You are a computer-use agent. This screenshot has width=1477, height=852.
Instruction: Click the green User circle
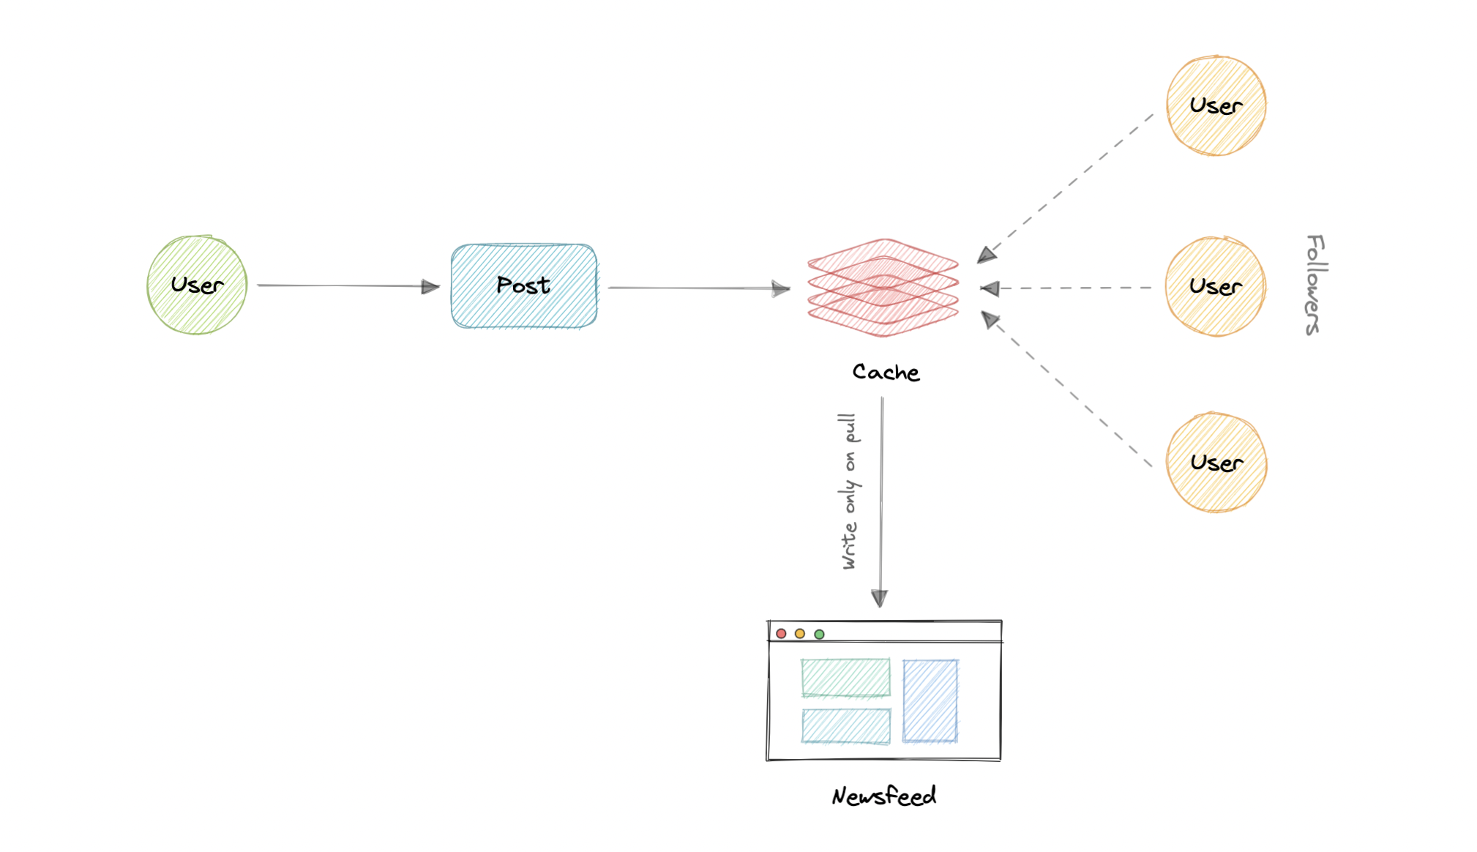197,285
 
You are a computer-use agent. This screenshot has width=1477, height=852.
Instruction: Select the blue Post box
524,285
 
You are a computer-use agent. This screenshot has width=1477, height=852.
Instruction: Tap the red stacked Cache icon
883,288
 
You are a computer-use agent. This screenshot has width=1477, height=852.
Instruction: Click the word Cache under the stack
886,373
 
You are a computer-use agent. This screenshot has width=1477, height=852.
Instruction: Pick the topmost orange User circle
1216,105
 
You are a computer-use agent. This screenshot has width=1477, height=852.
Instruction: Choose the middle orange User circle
1215,286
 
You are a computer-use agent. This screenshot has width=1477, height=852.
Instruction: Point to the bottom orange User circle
1216,463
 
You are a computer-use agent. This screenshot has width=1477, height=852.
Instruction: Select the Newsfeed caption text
883,796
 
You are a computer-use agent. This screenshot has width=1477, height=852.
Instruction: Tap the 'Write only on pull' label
849,491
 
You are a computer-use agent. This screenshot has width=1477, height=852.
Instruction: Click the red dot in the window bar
781,633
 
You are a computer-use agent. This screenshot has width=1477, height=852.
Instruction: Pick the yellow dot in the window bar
800,633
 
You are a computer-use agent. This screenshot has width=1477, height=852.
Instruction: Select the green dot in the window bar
820,634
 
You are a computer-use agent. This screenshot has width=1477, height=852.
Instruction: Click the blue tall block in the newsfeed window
930,700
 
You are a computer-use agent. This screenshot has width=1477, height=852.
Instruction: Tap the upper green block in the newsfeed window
845,677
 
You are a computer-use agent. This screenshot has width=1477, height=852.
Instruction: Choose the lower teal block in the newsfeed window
846,725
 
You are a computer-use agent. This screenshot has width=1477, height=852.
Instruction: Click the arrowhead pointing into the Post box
430,287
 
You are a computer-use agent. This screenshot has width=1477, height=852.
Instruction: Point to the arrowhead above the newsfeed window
880,598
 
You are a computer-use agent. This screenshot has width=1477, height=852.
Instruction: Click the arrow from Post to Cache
695,288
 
